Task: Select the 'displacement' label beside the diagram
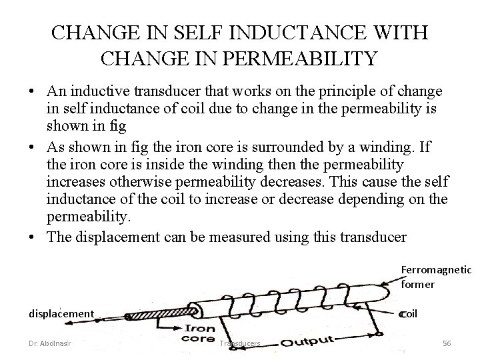tap(61, 313)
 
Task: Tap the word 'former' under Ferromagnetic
tap(418, 284)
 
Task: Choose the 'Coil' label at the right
tap(408, 313)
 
